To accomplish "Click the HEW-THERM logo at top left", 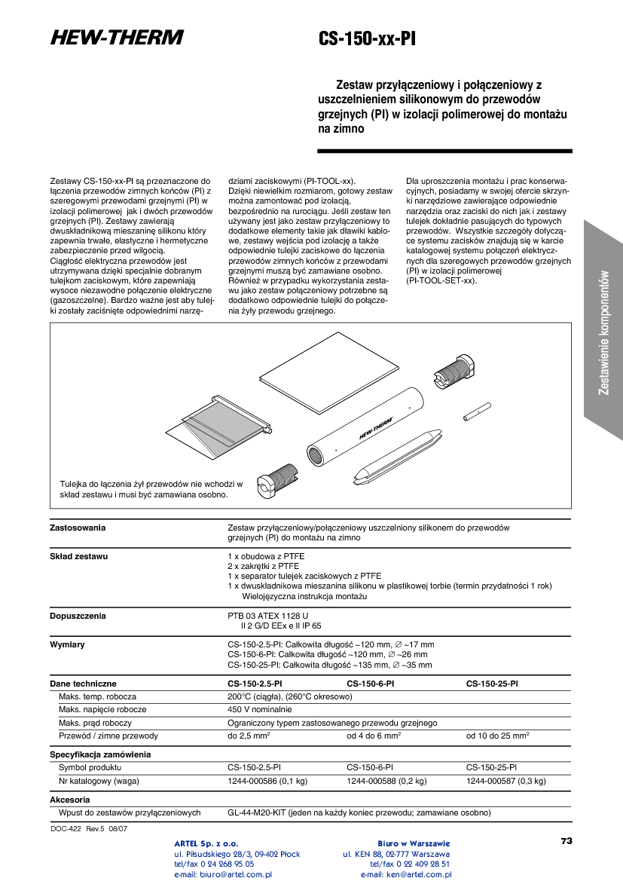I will (117, 38).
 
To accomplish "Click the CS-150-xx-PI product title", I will (367, 39).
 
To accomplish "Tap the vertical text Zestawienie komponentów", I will (603, 332).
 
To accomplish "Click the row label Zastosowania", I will (78, 528).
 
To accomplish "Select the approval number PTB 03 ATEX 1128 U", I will (268, 616).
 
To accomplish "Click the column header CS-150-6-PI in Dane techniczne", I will (370, 684).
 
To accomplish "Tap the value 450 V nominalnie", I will (259, 709).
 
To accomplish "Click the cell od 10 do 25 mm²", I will (497, 735).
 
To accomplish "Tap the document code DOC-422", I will (66, 828).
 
